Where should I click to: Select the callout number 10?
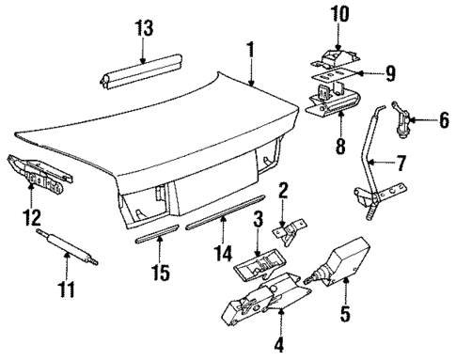[x=338, y=14]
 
